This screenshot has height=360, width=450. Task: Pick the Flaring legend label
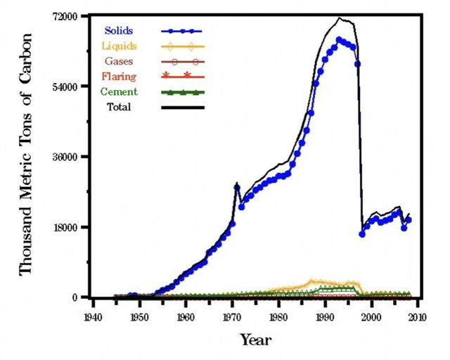(122, 76)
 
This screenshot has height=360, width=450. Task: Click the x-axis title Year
(255, 340)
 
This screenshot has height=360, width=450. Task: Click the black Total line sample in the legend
(182, 108)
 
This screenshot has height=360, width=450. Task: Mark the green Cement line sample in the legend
(182, 92)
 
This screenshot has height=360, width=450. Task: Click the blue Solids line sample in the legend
(182, 31)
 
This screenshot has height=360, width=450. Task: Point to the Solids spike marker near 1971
(237, 187)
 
